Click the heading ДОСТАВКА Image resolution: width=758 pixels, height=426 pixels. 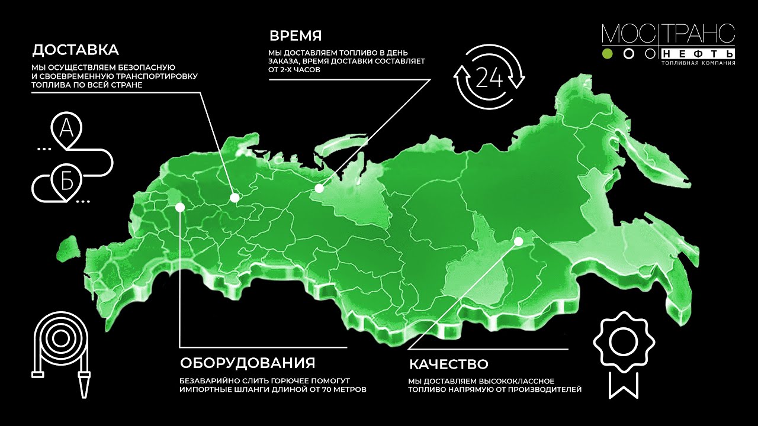point(75,49)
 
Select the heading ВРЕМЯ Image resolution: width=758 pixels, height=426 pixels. point(296,34)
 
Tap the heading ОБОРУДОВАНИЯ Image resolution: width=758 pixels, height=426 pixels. point(247,363)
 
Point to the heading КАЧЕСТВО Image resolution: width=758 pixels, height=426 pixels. point(448,363)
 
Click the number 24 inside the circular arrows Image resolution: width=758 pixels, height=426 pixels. point(489,77)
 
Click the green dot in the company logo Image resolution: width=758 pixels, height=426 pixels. point(607,54)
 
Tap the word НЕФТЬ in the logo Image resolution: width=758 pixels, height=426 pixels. point(699,53)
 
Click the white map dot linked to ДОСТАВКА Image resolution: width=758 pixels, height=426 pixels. point(235,198)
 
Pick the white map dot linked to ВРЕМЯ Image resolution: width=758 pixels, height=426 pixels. point(319,189)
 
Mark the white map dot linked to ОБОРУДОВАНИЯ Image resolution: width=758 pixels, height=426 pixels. point(179,206)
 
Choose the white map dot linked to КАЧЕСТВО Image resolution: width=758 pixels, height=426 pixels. point(518,241)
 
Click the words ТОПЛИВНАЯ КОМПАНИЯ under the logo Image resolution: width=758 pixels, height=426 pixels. point(698,62)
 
